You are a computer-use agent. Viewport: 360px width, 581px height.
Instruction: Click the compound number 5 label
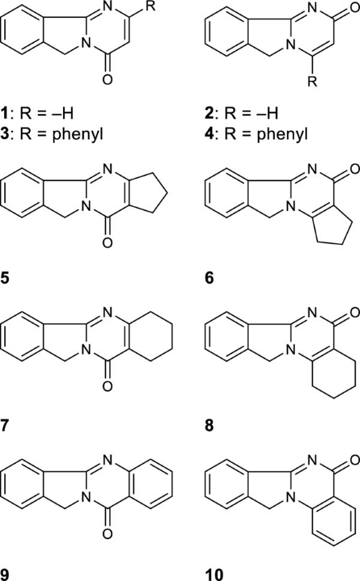6,279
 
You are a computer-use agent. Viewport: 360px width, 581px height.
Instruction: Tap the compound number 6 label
208,279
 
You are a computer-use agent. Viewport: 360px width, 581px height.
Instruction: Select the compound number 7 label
6,427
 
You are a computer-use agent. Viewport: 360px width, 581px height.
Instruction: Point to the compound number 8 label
208,427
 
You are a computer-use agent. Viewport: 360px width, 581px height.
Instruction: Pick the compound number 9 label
6,573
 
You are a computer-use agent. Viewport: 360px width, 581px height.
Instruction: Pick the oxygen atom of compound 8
353,312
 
